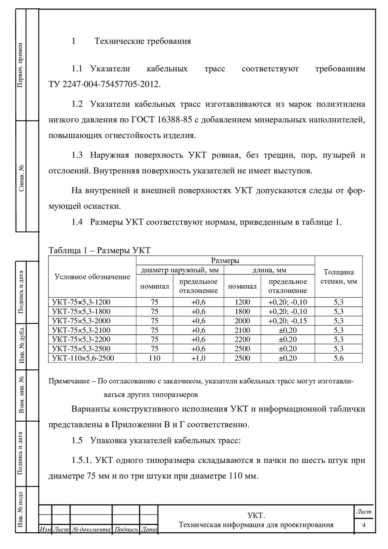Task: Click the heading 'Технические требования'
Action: [142, 41]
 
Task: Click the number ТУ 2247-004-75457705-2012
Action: [105, 84]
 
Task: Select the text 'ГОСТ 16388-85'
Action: [161, 120]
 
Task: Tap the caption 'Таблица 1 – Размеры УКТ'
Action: [100, 250]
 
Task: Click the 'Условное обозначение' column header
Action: [92, 277]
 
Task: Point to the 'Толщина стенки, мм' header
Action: [338, 277]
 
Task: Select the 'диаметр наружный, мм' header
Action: [180, 270]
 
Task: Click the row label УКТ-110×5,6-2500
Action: [83, 358]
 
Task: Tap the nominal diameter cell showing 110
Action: [155, 358]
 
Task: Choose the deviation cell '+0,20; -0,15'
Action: [288, 321]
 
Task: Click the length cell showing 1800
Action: [242, 312]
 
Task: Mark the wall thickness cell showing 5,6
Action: [338, 358]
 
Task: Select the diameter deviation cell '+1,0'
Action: [199, 358]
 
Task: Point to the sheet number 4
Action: [364, 525]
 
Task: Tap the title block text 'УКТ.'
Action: [256, 515]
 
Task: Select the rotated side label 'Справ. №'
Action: [21, 177]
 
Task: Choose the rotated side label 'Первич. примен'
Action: [21, 65]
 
